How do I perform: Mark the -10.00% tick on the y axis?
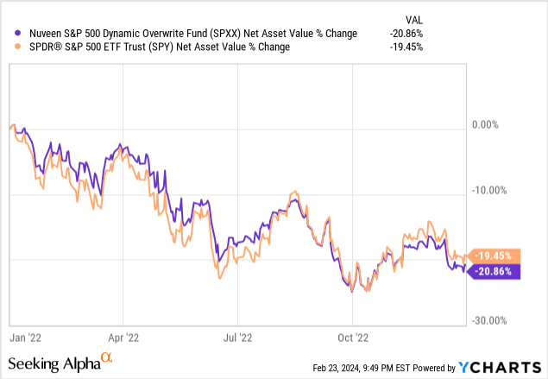coord(488,190)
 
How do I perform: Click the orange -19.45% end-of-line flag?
coord(492,256)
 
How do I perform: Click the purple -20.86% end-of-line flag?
coord(492,271)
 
